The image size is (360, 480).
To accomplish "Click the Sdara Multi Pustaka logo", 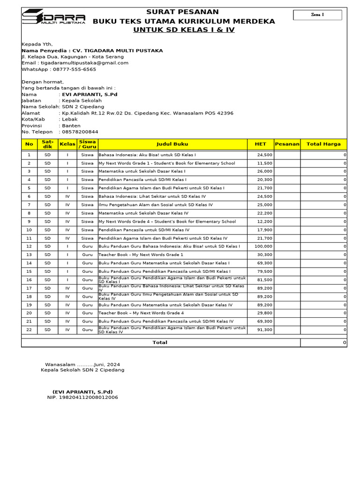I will (53, 17).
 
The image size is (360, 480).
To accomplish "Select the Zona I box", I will (317, 15).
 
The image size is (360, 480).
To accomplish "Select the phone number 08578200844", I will (80, 132).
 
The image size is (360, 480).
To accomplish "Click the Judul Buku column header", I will (172, 144).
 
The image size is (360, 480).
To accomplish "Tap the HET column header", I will (260, 144).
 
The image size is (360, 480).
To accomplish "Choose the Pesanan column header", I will (287, 144).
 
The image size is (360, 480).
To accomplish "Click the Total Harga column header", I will (323, 144).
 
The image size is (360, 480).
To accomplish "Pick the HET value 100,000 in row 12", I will (263, 247).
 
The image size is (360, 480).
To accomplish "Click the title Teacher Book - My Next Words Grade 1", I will (141, 255).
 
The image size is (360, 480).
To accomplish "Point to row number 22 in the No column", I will (29, 330).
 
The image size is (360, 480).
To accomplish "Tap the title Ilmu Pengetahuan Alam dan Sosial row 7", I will (155, 205).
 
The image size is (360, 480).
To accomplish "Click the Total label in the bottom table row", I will (160, 343).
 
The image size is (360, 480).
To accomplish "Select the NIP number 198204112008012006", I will (82, 397).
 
